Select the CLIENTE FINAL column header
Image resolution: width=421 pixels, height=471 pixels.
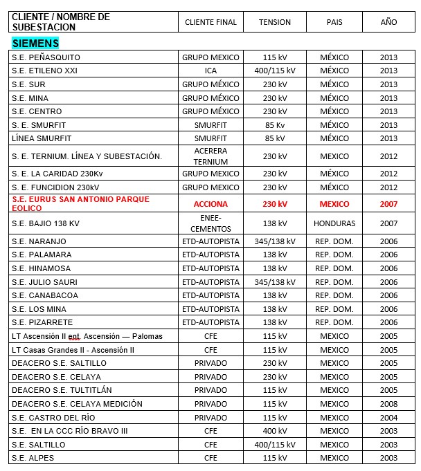click(210, 22)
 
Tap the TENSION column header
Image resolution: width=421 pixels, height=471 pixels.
click(275, 22)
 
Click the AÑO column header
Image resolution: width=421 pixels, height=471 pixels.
click(388, 22)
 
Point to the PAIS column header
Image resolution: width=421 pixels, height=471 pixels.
click(334, 22)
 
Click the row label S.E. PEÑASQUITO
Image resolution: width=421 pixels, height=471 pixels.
click(46, 57)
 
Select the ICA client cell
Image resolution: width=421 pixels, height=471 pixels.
click(210, 71)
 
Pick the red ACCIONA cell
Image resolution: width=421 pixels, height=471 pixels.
click(210, 204)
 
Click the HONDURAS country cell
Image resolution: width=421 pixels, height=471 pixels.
click(334, 223)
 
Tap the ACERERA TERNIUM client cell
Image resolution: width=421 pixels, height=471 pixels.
click(210, 156)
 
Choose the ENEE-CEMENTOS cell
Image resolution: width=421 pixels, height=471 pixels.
click(210, 223)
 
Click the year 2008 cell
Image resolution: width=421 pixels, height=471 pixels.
click(388, 404)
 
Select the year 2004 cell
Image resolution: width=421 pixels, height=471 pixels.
click(388, 418)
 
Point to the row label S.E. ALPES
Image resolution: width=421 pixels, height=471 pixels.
click(33, 458)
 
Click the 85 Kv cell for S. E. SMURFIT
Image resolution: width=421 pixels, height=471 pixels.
click(275, 125)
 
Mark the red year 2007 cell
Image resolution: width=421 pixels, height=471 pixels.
click(388, 204)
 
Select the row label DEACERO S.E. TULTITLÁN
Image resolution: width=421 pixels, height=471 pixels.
click(62, 390)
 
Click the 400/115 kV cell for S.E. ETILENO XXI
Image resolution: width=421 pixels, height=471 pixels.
click(275, 71)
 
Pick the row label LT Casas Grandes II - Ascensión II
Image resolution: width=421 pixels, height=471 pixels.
click(73, 350)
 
